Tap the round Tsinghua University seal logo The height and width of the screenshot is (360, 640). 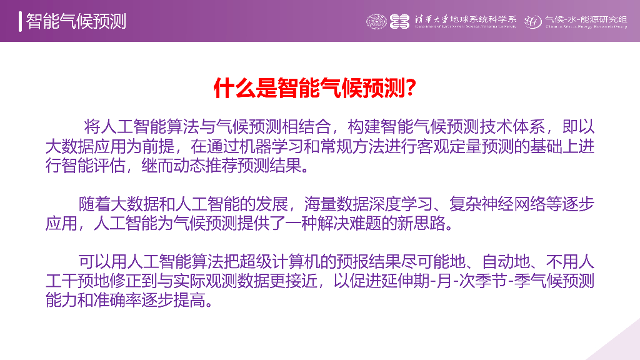pos(377,21)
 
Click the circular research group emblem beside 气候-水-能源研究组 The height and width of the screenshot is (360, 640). pos(532,21)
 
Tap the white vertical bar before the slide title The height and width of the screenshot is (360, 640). pos(21,21)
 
